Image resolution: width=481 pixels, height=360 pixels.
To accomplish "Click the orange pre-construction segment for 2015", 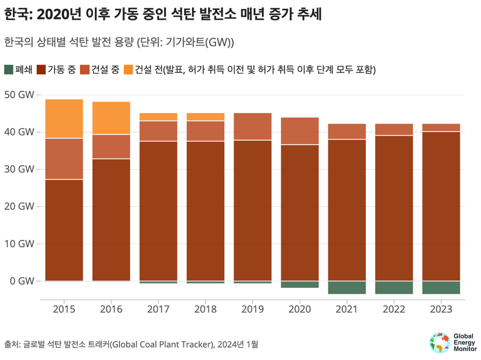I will click(64, 118).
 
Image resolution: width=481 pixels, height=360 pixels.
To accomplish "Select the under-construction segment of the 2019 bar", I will click(253, 126).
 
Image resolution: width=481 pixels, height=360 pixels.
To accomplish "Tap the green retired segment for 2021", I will click(347, 287).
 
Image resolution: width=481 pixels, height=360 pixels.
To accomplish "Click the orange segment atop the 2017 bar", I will click(158, 117).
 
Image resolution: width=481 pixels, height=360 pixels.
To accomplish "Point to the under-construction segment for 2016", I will click(111, 146).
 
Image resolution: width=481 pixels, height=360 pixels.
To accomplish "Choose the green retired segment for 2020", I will click(300, 284).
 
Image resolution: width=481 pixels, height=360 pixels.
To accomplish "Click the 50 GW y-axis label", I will click(18, 95).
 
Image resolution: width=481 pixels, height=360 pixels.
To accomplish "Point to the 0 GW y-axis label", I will click(21, 281).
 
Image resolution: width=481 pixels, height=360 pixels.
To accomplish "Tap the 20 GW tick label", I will click(18, 206).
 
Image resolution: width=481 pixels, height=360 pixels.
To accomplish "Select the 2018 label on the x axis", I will click(205, 309).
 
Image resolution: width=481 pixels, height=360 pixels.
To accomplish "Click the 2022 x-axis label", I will click(394, 309).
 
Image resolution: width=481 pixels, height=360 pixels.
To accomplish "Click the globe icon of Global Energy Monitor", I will click(440, 343).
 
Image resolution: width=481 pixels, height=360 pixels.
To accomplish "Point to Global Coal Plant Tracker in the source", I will click(163, 344).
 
